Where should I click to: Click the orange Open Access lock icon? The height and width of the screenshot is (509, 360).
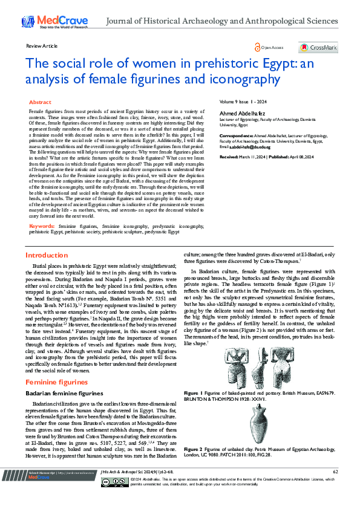257,47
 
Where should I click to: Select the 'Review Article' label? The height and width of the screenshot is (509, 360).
42,46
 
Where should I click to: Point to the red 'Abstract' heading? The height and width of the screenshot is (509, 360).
40,103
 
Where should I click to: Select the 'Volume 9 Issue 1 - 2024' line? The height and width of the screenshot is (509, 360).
242,103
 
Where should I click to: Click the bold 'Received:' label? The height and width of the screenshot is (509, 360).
228,157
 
